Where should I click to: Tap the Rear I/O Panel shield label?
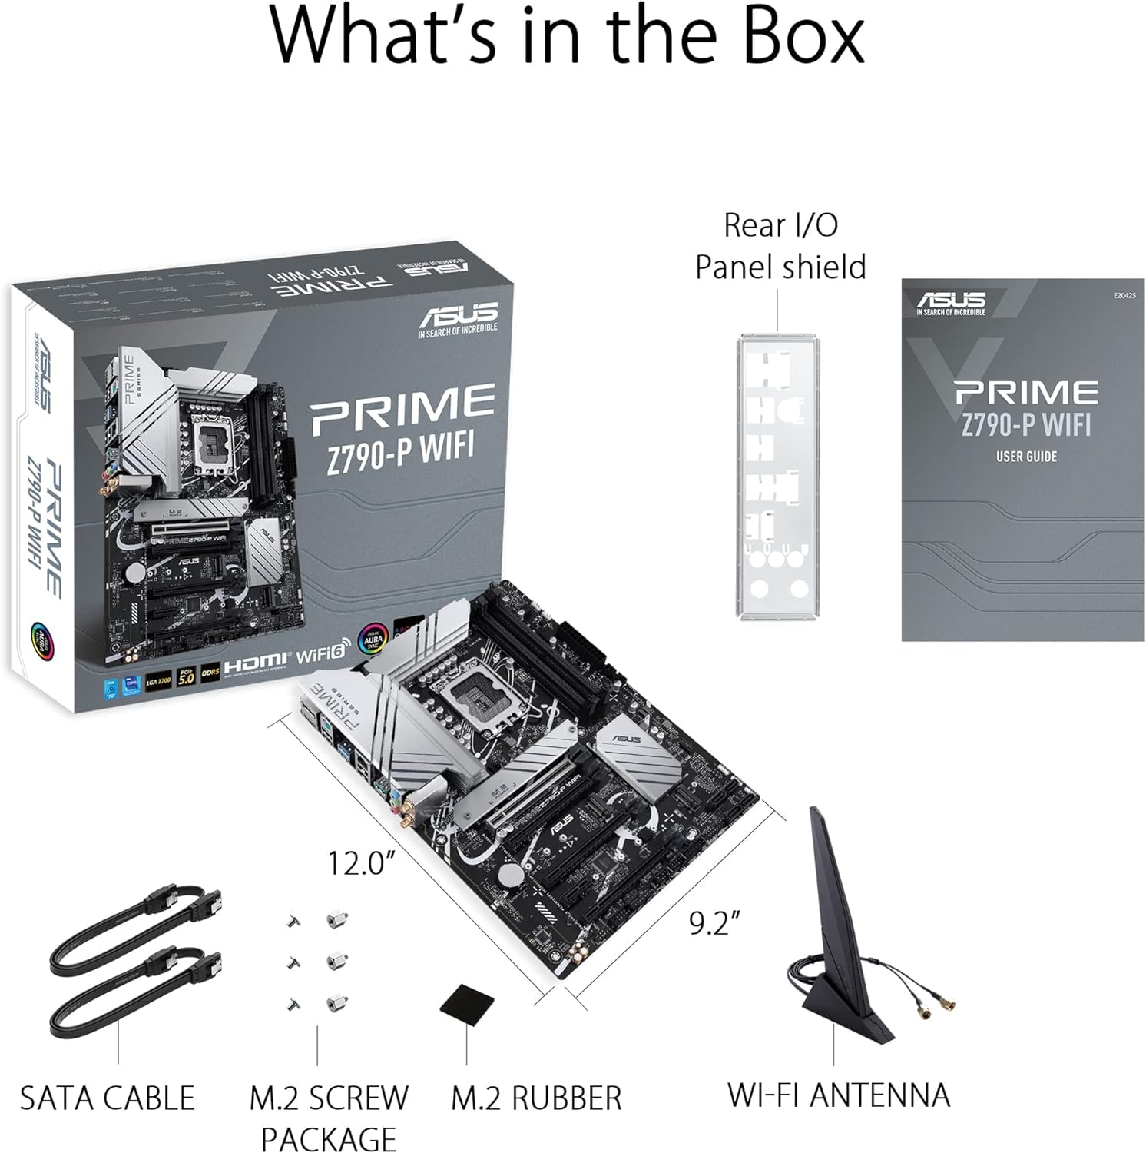[780, 246]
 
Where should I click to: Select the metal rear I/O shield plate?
[779, 477]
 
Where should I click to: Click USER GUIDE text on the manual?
[1026, 457]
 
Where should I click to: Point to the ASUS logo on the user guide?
[951, 301]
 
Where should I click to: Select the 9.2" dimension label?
[714, 922]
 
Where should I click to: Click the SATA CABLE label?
[107, 1098]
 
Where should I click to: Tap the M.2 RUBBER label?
[535, 1098]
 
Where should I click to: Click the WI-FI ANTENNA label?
[838, 1095]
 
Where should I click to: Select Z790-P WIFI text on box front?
[400, 447]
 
